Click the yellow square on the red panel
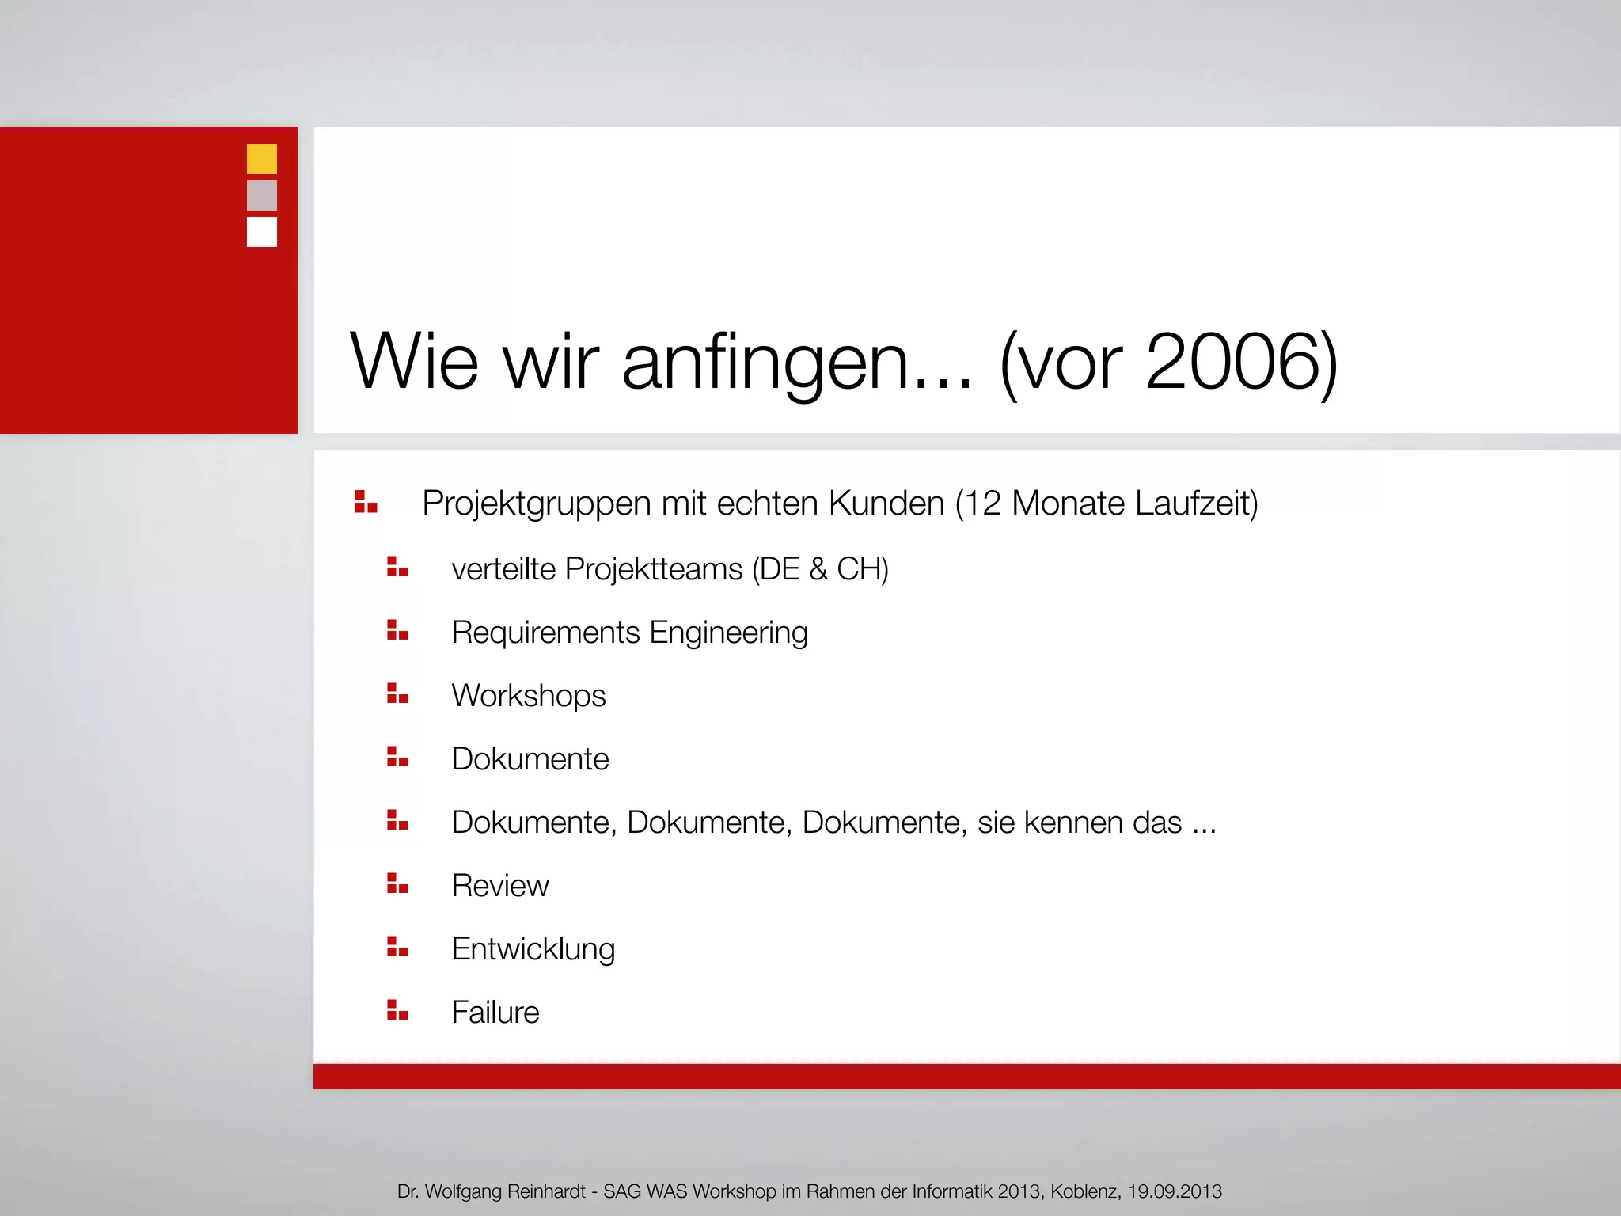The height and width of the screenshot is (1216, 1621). point(262,158)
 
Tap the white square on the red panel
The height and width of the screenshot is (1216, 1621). point(262,232)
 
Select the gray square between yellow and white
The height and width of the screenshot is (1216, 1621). point(262,196)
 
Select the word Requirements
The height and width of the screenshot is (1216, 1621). point(545,633)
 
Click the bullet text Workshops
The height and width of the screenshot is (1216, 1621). point(529,696)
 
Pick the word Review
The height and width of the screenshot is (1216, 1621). point(500,886)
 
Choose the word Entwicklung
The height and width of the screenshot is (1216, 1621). point(533,949)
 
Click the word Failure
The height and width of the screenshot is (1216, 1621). point(495,1013)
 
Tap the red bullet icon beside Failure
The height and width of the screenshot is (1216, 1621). point(397,1010)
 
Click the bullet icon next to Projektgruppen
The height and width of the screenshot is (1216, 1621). point(366,502)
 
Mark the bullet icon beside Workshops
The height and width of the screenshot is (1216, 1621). point(397,693)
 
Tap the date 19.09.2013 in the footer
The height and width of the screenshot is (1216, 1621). point(1175,1191)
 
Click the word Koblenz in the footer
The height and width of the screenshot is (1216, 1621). point(1085,1191)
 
